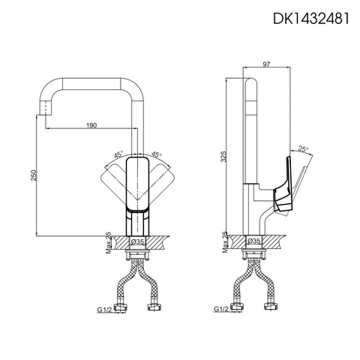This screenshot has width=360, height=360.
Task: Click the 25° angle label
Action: click(x=302, y=148)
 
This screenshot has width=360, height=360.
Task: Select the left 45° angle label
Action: click(x=118, y=154)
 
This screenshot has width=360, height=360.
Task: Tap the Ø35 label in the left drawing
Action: click(x=138, y=242)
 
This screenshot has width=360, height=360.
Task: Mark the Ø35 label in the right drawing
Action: click(x=254, y=242)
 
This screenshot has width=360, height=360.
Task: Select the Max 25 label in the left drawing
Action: click(x=108, y=242)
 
